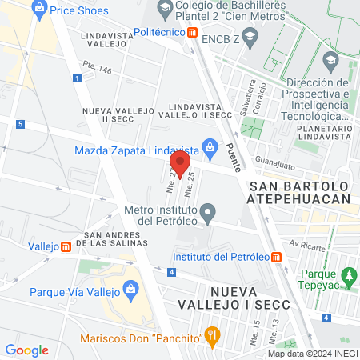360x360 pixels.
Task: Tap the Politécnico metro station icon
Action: (193, 33)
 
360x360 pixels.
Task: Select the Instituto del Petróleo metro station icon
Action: (276, 257)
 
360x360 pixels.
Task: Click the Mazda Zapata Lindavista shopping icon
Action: (210, 147)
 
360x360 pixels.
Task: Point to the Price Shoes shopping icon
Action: (39, 10)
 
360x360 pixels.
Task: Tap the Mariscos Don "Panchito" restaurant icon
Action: (211, 334)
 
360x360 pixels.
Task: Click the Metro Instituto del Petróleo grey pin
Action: (208, 214)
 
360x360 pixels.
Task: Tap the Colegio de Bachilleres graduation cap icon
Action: (165, 10)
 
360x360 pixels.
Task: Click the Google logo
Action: (26, 350)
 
